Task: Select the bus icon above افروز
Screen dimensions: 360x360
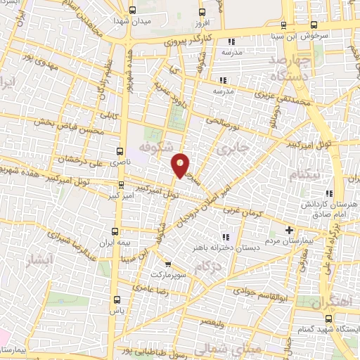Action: coord(202,12)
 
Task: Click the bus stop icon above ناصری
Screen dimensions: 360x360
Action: coord(120,150)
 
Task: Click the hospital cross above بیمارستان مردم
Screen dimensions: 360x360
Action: coord(289,230)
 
